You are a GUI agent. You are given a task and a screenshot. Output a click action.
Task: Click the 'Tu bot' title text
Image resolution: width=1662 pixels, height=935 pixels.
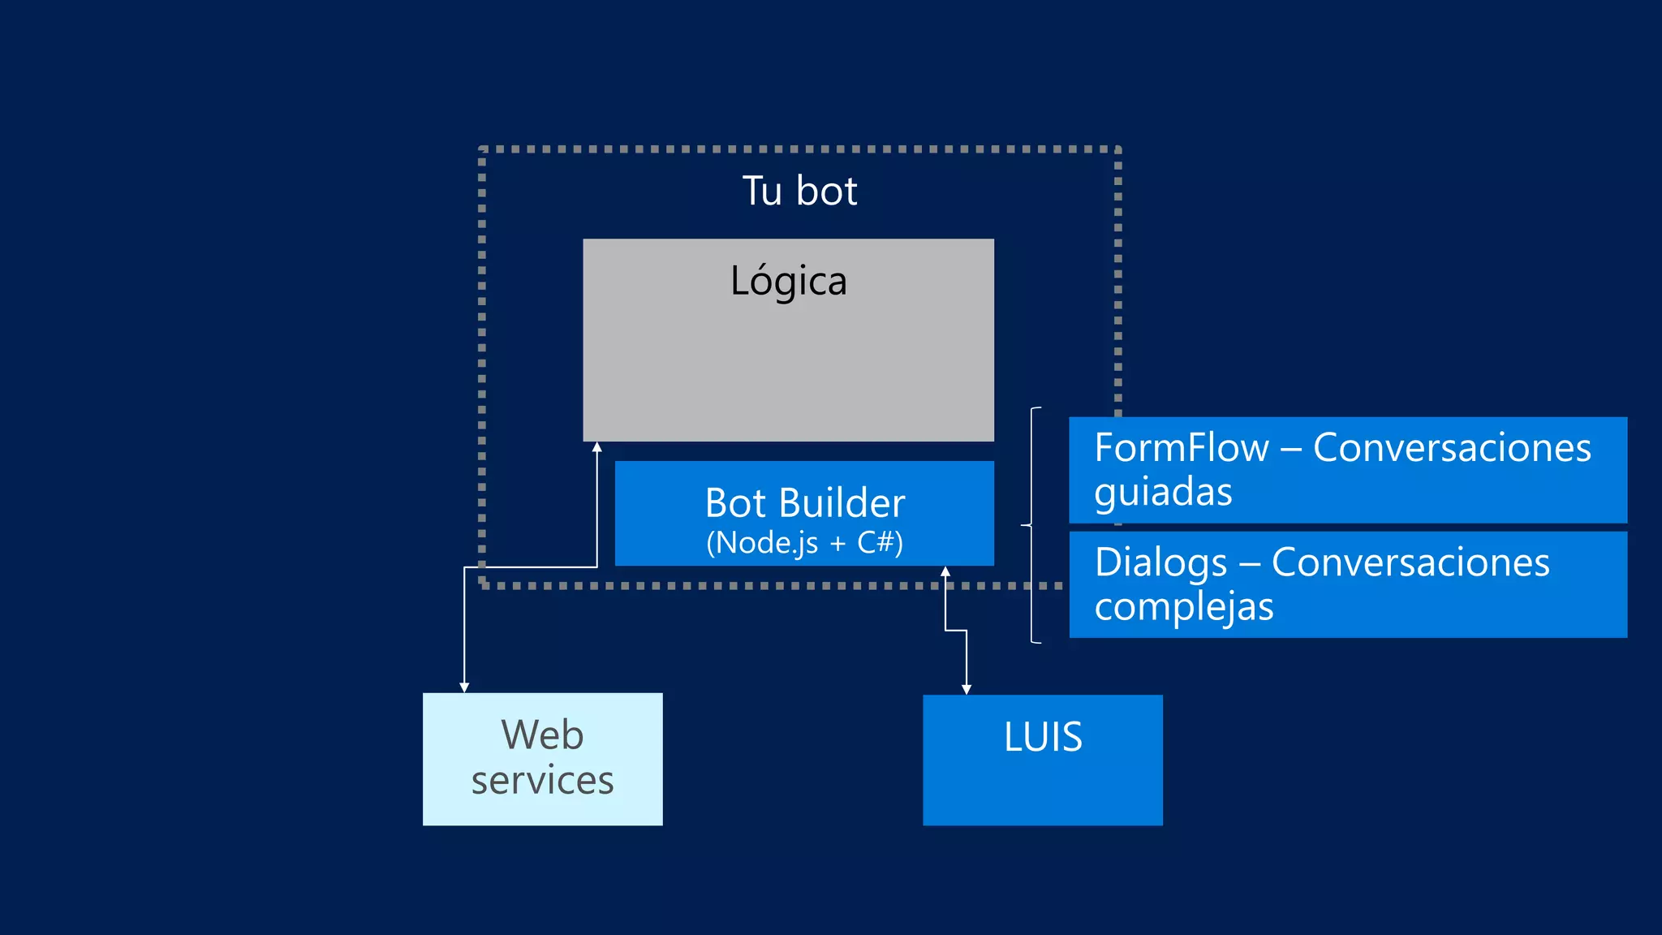point(799,192)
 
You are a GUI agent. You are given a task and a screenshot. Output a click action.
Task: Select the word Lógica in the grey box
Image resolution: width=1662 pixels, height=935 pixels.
point(788,281)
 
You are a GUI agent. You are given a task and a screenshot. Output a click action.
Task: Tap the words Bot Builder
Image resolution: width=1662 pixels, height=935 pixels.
point(804,503)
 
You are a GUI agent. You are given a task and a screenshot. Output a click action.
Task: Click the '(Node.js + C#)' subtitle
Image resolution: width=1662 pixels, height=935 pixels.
point(804,542)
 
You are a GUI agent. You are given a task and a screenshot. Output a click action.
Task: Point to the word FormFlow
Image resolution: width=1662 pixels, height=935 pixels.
point(1181,448)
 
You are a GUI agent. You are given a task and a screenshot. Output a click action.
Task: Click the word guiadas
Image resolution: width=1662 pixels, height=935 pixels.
point(1162,492)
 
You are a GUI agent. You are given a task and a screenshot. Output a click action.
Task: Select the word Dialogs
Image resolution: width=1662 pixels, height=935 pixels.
point(1160,562)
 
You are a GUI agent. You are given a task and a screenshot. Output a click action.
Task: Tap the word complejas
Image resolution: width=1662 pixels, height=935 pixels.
point(1183,607)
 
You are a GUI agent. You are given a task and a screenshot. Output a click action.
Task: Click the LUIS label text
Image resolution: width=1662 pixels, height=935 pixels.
point(1043,737)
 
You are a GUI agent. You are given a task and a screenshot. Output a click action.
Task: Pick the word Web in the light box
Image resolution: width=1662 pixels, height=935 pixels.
point(542,735)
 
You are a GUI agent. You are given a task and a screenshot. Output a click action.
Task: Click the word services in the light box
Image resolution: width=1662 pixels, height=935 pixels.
point(542,780)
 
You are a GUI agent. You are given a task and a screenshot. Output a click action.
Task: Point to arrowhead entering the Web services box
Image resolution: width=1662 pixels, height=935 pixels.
point(464,687)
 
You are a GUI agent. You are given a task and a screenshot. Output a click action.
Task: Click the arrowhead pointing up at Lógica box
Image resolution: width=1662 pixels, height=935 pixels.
point(597,447)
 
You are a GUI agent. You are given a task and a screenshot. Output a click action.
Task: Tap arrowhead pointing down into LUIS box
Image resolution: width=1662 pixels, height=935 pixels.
point(967,689)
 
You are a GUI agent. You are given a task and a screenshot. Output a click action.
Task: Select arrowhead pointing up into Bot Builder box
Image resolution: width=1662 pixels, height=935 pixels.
point(945,571)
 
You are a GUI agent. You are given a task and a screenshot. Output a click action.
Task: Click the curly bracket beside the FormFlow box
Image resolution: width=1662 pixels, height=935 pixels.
point(1031,525)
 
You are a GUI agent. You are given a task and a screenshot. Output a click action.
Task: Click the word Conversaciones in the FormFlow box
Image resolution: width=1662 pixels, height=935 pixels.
point(1452,448)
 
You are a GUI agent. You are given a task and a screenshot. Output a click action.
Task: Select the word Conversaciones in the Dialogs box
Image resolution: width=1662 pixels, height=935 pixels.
point(1410,562)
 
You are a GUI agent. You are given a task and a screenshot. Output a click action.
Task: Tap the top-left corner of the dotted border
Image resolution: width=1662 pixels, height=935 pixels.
point(482,150)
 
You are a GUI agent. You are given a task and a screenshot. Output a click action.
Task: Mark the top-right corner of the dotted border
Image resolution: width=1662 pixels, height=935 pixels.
point(1117,150)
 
